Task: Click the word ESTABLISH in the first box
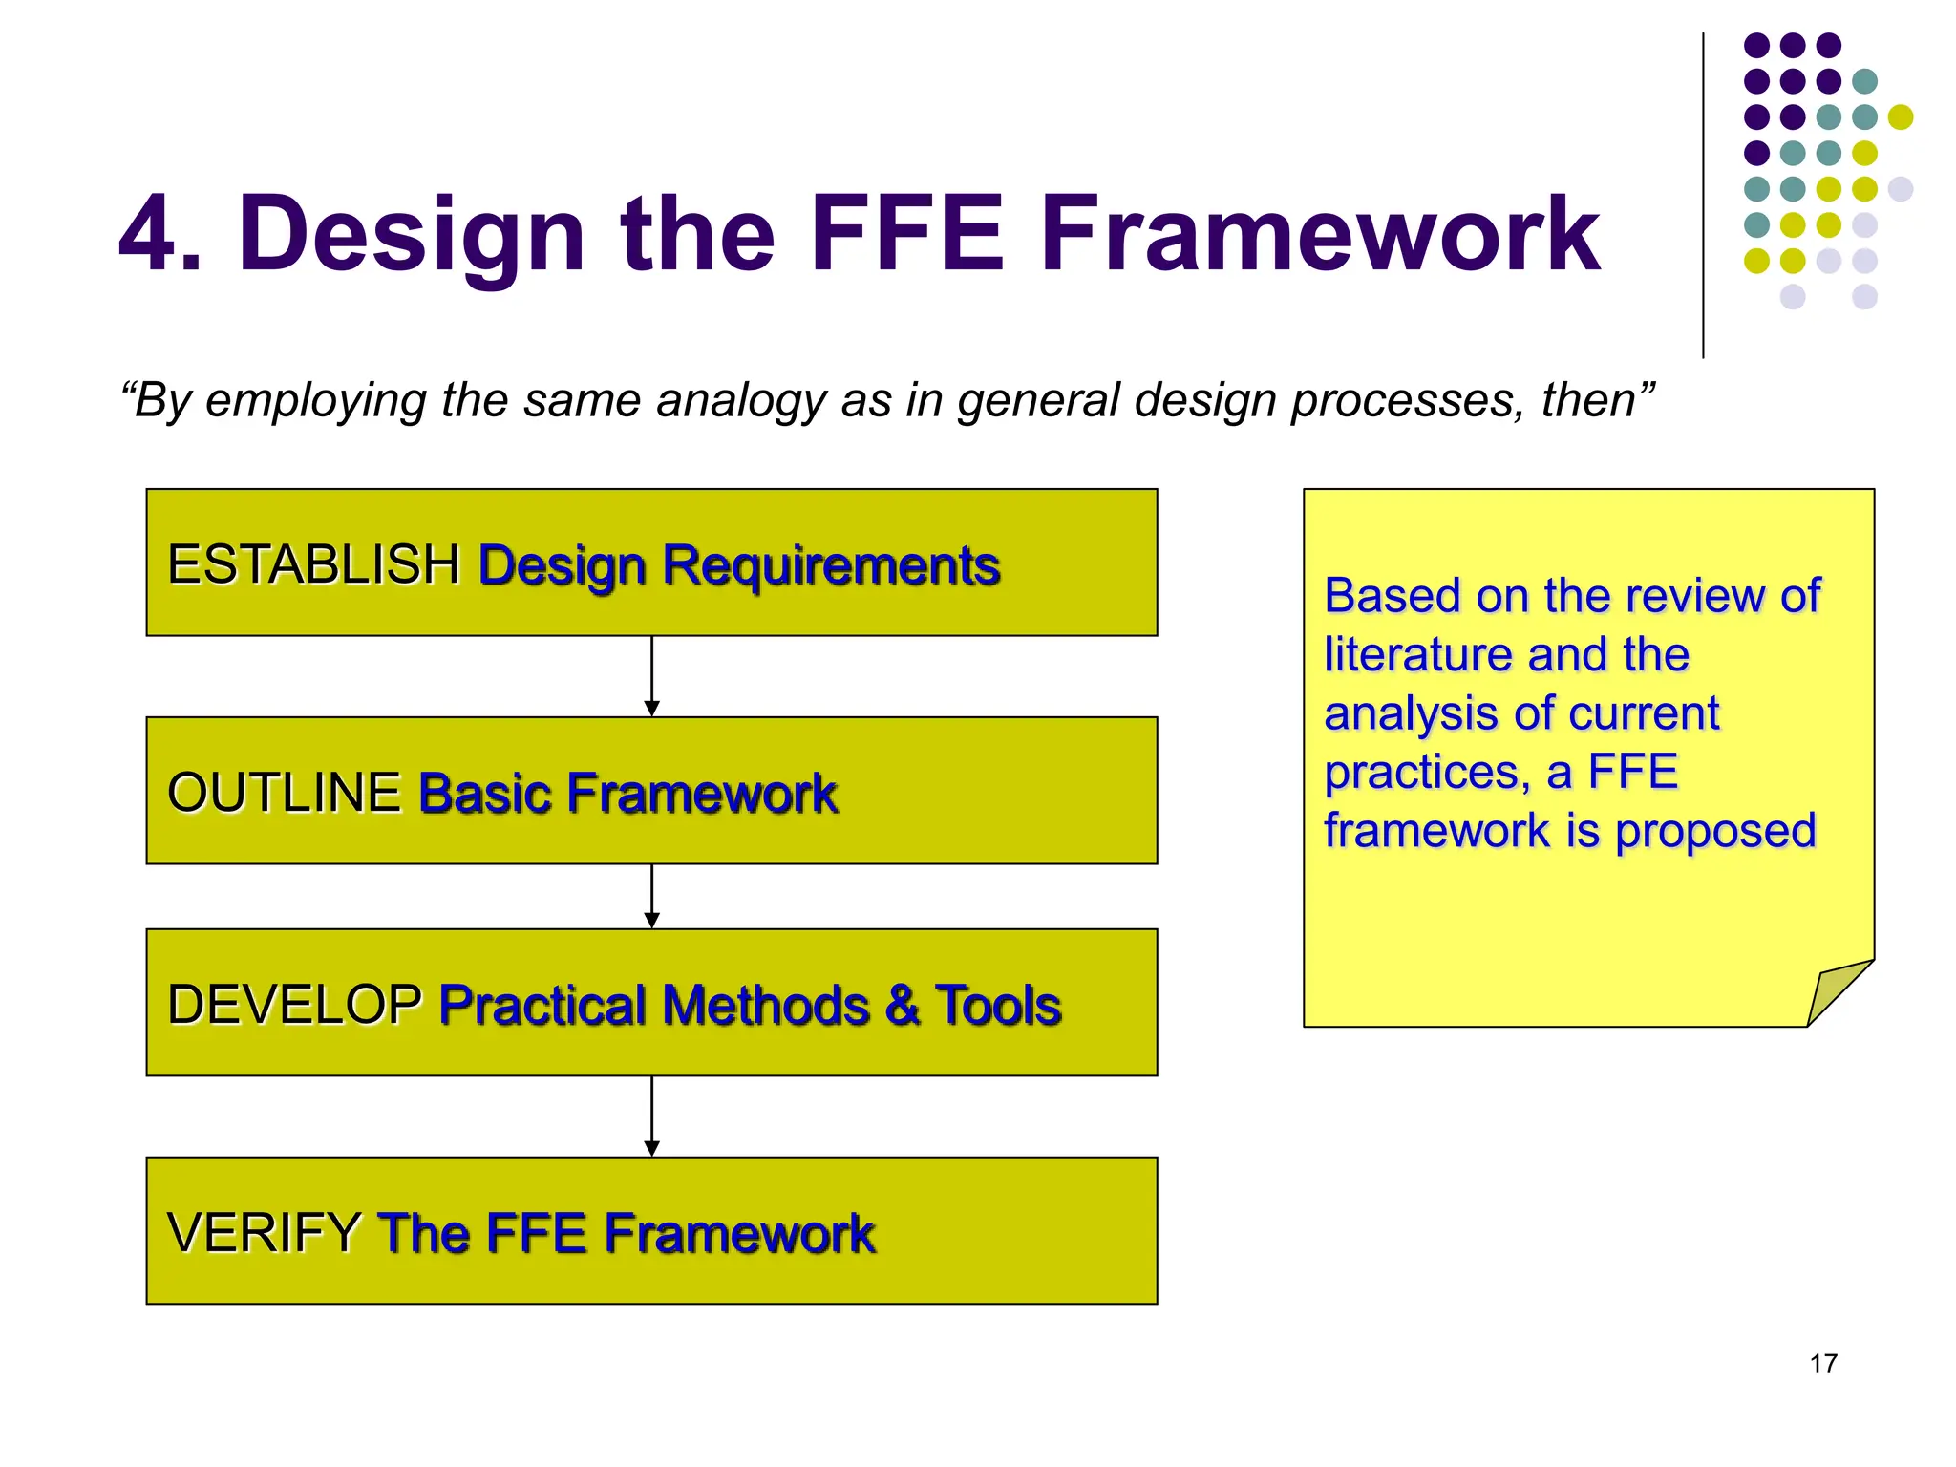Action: tap(313, 564)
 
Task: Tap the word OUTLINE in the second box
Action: tap(284, 793)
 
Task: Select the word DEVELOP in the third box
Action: tap(294, 1005)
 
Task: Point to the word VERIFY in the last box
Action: tap(264, 1232)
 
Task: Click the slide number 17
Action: tap(1822, 1364)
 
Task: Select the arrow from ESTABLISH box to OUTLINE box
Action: tap(651, 676)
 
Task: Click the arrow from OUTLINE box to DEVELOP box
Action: tap(651, 896)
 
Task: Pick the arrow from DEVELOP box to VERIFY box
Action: tap(651, 1116)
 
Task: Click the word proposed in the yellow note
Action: tap(1715, 831)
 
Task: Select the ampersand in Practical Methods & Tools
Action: tap(902, 1005)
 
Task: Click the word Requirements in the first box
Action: tap(831, 566)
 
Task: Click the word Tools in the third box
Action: tap(998, 1005)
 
